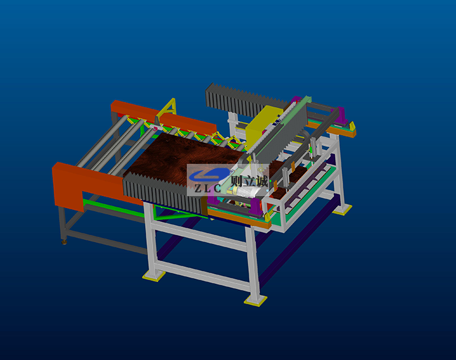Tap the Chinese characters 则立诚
pos(250,182)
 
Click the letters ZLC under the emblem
pos(208,189)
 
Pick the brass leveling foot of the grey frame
pos(64,242)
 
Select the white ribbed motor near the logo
pos(246,192)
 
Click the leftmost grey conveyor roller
pos(102,141)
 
